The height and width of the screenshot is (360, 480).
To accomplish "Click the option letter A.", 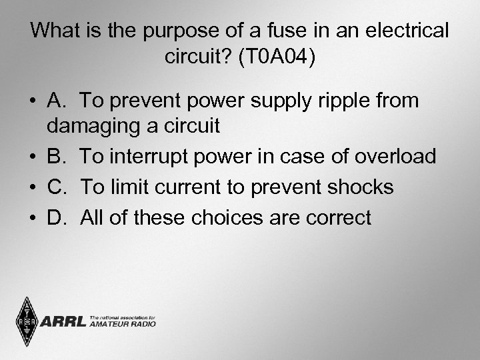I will [56, 101].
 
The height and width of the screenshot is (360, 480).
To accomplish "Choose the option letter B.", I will [56, 157].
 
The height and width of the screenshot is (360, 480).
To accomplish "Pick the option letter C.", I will [57, 187].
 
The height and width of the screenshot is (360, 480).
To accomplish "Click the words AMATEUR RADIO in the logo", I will [122, 324].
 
